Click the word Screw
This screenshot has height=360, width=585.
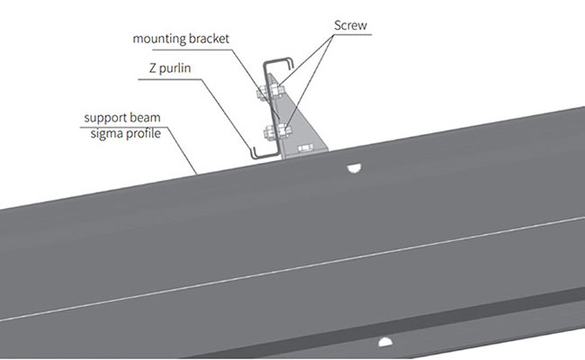click(350, 25)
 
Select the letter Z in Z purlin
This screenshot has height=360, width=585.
click(153, 67)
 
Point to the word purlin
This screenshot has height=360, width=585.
click(175, 68)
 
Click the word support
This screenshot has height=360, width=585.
click(107, 118)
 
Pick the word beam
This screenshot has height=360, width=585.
click(146, 117)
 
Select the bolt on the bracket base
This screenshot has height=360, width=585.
click(304, 148)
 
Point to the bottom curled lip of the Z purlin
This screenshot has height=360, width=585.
click(263, 155)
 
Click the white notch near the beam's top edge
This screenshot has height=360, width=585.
click(354, 169)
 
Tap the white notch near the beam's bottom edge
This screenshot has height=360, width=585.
click(385, 341)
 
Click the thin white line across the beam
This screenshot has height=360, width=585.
click(292, 268)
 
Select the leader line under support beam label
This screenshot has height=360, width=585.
click(139, 150)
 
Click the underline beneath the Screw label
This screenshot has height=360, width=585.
click(353, 35)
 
